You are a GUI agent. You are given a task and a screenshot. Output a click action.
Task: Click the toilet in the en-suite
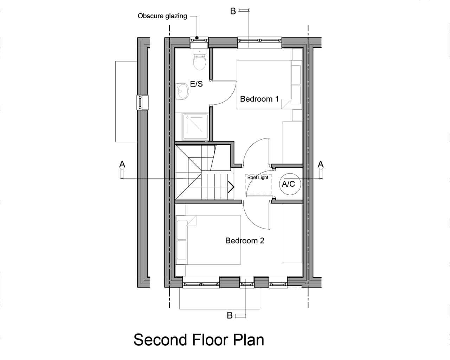click(200, 59)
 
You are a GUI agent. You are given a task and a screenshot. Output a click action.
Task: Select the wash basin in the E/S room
click(182, 91)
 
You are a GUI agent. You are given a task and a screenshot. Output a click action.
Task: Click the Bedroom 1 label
click(259, 99)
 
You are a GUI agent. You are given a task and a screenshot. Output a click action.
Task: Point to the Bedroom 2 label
click(245, 240)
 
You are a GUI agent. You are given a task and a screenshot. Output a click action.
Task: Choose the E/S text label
click(197, 84)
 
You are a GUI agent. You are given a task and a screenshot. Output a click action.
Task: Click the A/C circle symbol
click(290, 184)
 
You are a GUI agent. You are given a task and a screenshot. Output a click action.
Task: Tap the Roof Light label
click(258, 178)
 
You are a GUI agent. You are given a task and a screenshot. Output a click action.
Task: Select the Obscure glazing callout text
click(162, 16)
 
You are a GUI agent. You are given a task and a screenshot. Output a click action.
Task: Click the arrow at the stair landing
click(231, 187)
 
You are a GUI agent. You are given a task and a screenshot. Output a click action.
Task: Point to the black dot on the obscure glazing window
click(197, 38)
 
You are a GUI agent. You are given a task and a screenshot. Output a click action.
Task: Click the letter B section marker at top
click(233, 11)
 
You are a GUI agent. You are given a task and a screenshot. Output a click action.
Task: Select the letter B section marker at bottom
click(230, 315)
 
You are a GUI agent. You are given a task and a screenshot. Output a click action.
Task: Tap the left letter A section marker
click(122, 165)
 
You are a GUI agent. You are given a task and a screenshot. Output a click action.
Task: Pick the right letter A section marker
click(321, 165)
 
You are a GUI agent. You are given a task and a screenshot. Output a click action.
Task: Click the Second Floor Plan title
click(199, 340)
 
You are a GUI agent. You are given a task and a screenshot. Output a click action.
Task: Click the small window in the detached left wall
click(142, 103)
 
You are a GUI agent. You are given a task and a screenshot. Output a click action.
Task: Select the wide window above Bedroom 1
click(259, 43)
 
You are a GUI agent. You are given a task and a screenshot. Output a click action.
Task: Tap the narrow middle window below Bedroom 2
click(247, 282)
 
